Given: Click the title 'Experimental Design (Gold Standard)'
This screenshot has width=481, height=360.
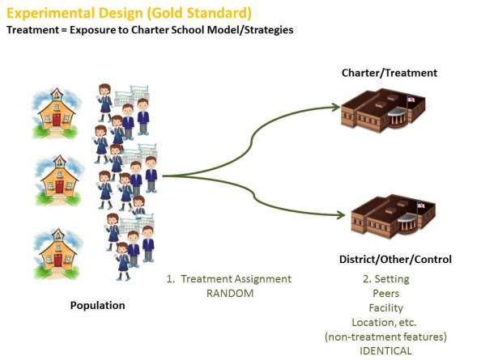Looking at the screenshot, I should click(129, 14).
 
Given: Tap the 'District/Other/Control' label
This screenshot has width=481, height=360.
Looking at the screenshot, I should click(395, 259).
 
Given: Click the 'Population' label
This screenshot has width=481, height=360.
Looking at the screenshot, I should click(98, 306).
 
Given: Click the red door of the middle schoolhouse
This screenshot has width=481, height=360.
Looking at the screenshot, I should click(58, 188).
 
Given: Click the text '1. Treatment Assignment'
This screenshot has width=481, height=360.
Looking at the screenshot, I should click(228, 278).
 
